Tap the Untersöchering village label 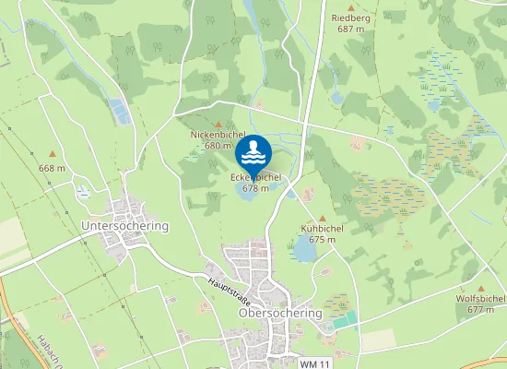pyautogui.click(x=125, y=226)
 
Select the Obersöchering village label pyautogui.click(x=280, y=313)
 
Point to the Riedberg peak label pyautogui.click(x=351, y=18)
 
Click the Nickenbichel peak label pyautogui.click(x=217, y=136)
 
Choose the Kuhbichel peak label pyautogui.click(x=322, y=228)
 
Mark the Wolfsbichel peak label pyautogui.click(x=481, y=299)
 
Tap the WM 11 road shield pyautogui.click(x=314, y=363)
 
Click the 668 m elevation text pyautogui.click(x=53, y=168)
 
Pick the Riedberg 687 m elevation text pyautogui.click(x=351, y=30)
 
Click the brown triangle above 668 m pyautogui.click(x=53, y=155)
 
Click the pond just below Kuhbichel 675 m pyautogui.click(x=304, y=249)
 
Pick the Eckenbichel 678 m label pyautogui.click(x=255, y=182)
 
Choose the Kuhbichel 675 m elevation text pyautogui.click(x=322, y=240)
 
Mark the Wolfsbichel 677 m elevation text pyautogui.click(x=481, y=310)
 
